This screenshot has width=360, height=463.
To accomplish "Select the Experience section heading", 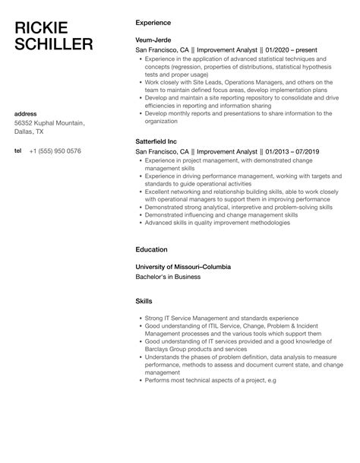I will point(153,23).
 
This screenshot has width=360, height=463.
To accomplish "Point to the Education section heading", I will point(151,249).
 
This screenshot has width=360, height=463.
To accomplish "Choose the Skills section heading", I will point(144,301).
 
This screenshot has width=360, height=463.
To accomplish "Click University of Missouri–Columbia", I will point(183,267).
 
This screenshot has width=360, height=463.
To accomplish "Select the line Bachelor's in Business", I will point(167,277).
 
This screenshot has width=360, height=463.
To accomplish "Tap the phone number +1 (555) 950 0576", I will point(55,151).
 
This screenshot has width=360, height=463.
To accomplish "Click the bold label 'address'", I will point(26,114).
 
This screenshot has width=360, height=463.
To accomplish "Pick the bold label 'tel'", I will point(18,151).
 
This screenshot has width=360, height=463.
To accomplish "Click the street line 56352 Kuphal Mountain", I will point(49,122).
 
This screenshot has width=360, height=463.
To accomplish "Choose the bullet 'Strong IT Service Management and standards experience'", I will point(215,317).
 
